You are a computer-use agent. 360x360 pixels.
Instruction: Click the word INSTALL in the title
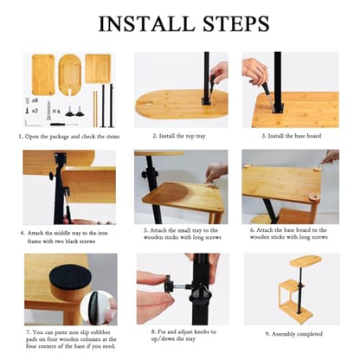click(146, 23)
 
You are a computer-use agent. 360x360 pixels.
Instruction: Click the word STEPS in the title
click(236, 23)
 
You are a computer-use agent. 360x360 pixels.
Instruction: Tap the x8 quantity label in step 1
click(35, 100)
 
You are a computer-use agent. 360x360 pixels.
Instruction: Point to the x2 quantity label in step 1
click(35, 110)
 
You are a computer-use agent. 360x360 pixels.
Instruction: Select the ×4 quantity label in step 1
click(56, 111)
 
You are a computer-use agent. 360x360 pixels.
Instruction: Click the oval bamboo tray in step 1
click(70, 74)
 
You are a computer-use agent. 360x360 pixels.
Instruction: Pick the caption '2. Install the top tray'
click(179, 136)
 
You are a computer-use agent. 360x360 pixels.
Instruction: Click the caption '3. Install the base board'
click(292, 136)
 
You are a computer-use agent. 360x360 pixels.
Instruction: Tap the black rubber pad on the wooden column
click(70, 278)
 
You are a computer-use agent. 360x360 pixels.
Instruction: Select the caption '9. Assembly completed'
click(293, 334)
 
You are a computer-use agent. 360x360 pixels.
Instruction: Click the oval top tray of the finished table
click(305, 261)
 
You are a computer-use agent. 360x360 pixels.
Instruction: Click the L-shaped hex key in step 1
click(32, 125)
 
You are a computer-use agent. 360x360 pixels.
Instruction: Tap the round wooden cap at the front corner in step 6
click(312, 198)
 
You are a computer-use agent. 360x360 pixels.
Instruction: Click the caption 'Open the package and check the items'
click(72, 137)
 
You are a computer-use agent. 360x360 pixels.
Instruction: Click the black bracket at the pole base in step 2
click(206, 101)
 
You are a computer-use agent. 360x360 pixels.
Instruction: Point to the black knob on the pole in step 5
click(146, 174)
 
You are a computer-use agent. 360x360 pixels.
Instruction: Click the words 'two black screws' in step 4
click(74, 241)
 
